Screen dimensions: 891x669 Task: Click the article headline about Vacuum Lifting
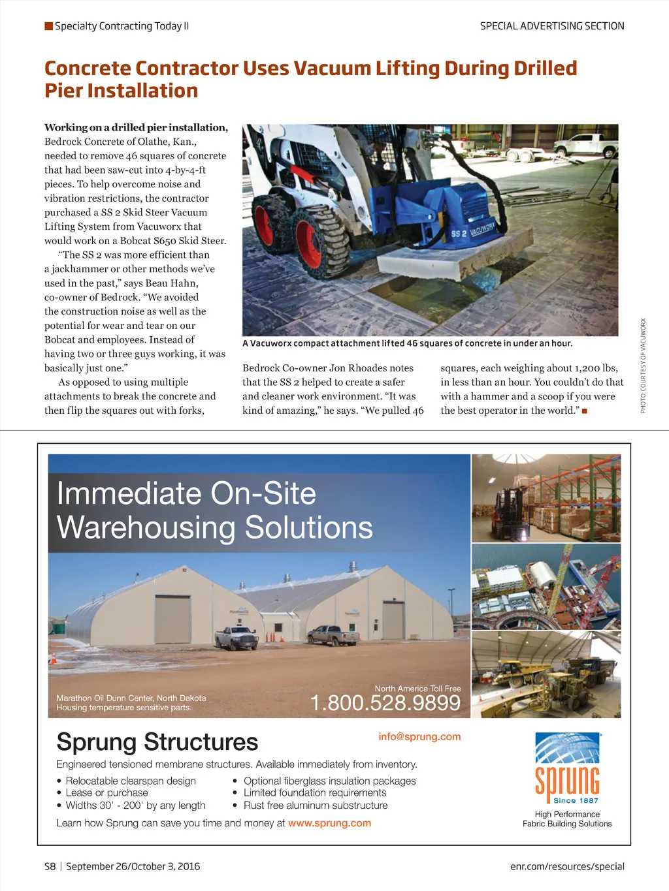(310, 79)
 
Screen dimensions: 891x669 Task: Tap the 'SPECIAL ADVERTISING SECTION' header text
(552, 26)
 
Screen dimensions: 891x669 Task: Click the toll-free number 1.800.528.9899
(385, 703)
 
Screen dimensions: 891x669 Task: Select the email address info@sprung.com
(419, 736)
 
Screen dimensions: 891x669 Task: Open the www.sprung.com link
(329, 823)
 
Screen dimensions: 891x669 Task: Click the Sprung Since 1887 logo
(567, 768)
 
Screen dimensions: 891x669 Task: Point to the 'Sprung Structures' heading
(157, 742)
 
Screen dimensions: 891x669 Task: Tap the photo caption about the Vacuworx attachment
(407, 343)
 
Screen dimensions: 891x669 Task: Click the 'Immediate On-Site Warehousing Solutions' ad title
(214, 510)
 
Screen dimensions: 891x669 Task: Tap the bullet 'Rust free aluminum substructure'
(315, 805)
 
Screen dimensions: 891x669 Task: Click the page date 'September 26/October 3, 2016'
(133, 866)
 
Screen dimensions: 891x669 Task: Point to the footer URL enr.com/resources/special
(567, 866)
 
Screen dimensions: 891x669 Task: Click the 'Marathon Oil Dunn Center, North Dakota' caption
(131, 698)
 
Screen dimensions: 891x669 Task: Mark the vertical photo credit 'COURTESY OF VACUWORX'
(643, 366)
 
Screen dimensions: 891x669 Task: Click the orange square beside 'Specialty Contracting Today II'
(48, 26)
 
